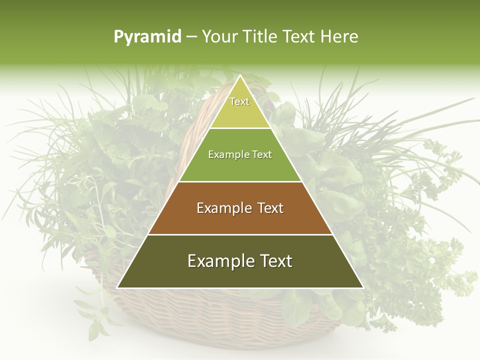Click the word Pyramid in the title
pos(147,37)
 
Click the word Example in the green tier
pos(224,155)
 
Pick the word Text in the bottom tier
pos(275,261)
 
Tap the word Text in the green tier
pos(262,155)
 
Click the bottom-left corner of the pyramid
pos(117,287)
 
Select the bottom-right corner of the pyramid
pos(363,287)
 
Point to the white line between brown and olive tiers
pos(240,234)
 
